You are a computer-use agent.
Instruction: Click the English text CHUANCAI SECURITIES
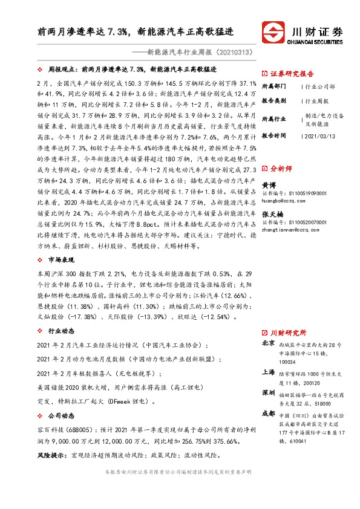(317, 42)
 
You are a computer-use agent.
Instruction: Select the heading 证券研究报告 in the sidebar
(292, 71)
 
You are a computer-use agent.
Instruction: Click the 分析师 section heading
(281, 169)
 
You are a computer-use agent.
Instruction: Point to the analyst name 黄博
(269, 186)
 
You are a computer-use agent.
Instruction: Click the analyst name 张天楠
(272, 215)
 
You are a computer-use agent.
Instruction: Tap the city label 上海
(268, 372)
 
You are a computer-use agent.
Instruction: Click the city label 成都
(268, 414)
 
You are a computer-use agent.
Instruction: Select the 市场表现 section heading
(59, 261)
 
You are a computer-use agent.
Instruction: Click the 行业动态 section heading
(59, 331)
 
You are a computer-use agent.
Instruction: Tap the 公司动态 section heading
(59, 415)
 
